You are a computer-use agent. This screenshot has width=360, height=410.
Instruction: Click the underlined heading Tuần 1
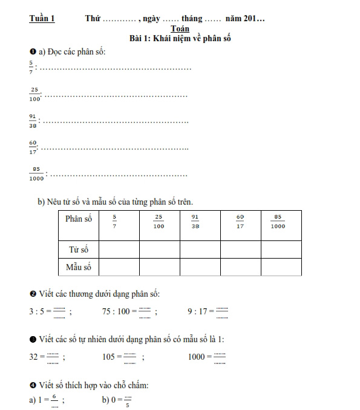[x=42, y=19]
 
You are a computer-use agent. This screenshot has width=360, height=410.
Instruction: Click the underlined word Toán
[x=180, y=28]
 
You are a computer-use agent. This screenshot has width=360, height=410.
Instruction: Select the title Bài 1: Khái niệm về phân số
[x=180, y=38]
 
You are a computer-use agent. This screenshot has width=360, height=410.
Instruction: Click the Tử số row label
[x=78, y=249]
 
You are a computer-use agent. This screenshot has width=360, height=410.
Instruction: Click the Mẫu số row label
[x=78, y=266]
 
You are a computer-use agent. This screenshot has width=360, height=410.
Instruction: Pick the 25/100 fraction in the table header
[x=159, y=222]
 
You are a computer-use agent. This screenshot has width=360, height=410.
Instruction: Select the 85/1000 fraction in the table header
[x=278, y=222]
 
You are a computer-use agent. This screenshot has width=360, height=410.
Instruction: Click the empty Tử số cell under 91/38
[x=199, y=249]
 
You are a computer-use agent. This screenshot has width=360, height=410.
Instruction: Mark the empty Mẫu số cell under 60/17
[x=240, y=266]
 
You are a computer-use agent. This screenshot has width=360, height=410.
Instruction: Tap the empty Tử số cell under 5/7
[x=118, y=249]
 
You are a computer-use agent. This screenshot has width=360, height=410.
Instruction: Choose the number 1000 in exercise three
[x=196, y=357]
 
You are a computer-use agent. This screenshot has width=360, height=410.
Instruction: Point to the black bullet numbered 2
[x=32, y=294]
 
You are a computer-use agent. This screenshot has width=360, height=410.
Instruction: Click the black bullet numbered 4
[x=32, y=384]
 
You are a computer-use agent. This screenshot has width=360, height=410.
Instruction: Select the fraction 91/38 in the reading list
[x=32, y=121]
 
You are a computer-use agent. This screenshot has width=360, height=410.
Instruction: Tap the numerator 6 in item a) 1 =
[x=54, y=396]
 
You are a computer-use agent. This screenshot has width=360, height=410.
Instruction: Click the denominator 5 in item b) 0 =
[x=128, y=405]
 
